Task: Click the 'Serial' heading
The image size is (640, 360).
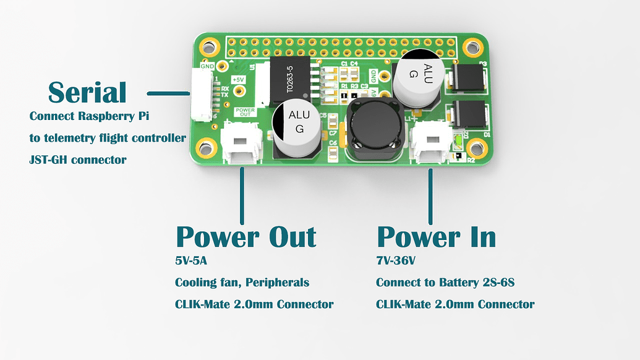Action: click(87, 93)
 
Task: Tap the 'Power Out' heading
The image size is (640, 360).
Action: click(246, 237)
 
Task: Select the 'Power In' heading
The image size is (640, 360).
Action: click(436, 237)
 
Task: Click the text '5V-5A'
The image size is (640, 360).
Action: click(192, 261)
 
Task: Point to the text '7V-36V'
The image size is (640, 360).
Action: click(396, 261)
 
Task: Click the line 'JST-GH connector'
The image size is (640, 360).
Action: click(78, 160)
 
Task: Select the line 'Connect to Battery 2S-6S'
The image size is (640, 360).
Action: click(445, 283)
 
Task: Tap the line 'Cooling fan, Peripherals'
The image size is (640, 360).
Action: click(242, 283)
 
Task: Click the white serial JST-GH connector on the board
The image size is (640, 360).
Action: click(201, 94)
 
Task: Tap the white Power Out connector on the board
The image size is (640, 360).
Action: click(241, 144)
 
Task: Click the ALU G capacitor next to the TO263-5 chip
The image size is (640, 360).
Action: click(296, 127)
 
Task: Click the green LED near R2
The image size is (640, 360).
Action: click(457, 144)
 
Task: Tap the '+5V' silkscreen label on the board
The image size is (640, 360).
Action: click(238, 80)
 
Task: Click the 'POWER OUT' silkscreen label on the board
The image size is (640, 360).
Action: click(245, 112)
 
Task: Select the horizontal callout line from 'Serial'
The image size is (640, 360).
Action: click(168, 93)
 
